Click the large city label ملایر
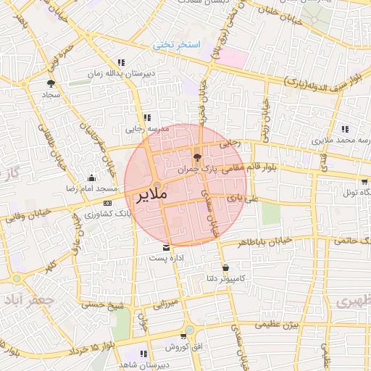[151, 195]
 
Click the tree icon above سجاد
[51, 83]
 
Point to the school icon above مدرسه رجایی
[147, 117]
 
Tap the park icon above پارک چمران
[197, 157]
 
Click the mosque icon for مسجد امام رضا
[91, 178]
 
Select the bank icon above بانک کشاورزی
[107, 204]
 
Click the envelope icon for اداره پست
[167, 247]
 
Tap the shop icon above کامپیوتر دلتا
[225, 267]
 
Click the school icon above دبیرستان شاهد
[143, 353]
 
